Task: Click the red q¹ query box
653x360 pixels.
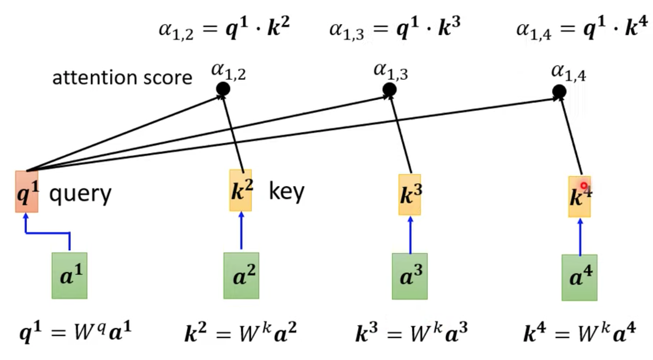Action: pyautogui.click(x=26, y=192)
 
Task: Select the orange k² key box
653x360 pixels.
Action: pyautogui.click(x=241, y=190)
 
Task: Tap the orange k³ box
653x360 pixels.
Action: pyautogui.click(x=410, y=195)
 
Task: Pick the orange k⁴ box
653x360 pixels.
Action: pyautogui.click(x=580, y=196)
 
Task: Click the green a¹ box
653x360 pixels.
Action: pyautogui.click(x=70, y=276)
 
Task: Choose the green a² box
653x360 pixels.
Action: pyautogui.click(x=241, y=276)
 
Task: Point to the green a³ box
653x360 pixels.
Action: pyautogui.click(x=410, y=276)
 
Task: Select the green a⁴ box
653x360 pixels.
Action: pyautogui.click(x=580, y=278)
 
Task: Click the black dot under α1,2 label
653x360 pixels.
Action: pyautogui.click(x=223, y=89)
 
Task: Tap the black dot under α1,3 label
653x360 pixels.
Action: pyautogui.click(x=389, y=90)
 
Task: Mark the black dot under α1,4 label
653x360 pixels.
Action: pyautogui.click(x=559, y=92)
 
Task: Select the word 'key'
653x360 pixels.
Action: pyautogui.click(x=286, y=192)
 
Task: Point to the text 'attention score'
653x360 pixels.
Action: pyautogui.click(x=122, y=78)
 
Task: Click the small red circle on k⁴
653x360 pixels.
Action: pyautogui.click(x=583, y=186)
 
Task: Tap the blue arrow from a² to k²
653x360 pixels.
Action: pyautogui.click(x=241, y=231)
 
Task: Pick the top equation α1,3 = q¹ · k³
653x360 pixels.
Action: pyautogui.click(x=395, y=29)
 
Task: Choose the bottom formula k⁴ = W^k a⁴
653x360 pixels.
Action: pyautogui.click(x=580, y=333)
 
